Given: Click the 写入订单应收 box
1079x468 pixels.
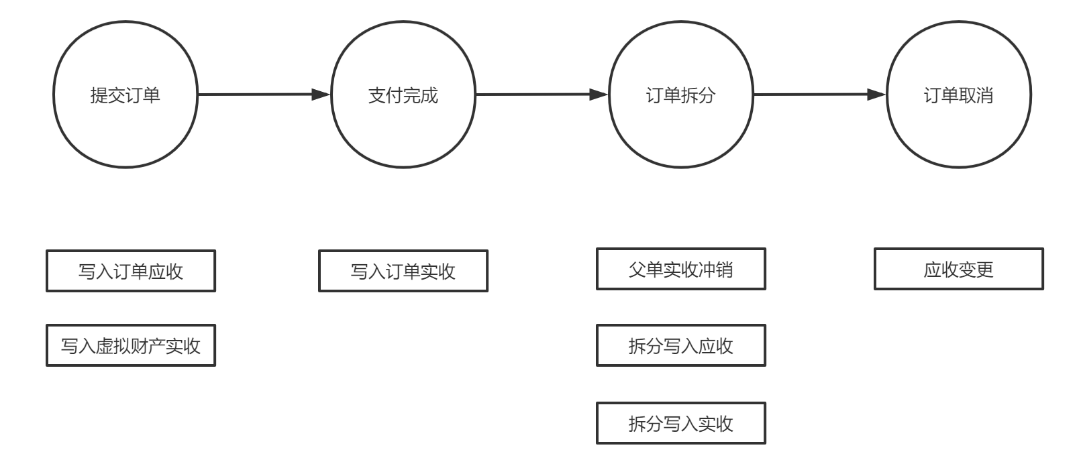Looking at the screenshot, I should coord(131,271).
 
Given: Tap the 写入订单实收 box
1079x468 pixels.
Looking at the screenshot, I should coord(403,271).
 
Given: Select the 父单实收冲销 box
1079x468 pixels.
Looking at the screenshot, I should coord(681,269).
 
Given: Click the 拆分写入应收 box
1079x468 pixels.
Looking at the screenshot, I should coord(681,346).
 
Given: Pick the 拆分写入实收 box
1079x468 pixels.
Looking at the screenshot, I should coord(681,423).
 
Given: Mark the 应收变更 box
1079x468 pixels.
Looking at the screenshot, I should coord(959,269).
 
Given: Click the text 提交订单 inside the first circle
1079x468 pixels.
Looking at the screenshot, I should coord(125,95).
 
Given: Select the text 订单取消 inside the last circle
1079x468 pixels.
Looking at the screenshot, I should coord(959,95).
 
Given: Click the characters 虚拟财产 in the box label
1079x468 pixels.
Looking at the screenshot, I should coord(130,346).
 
